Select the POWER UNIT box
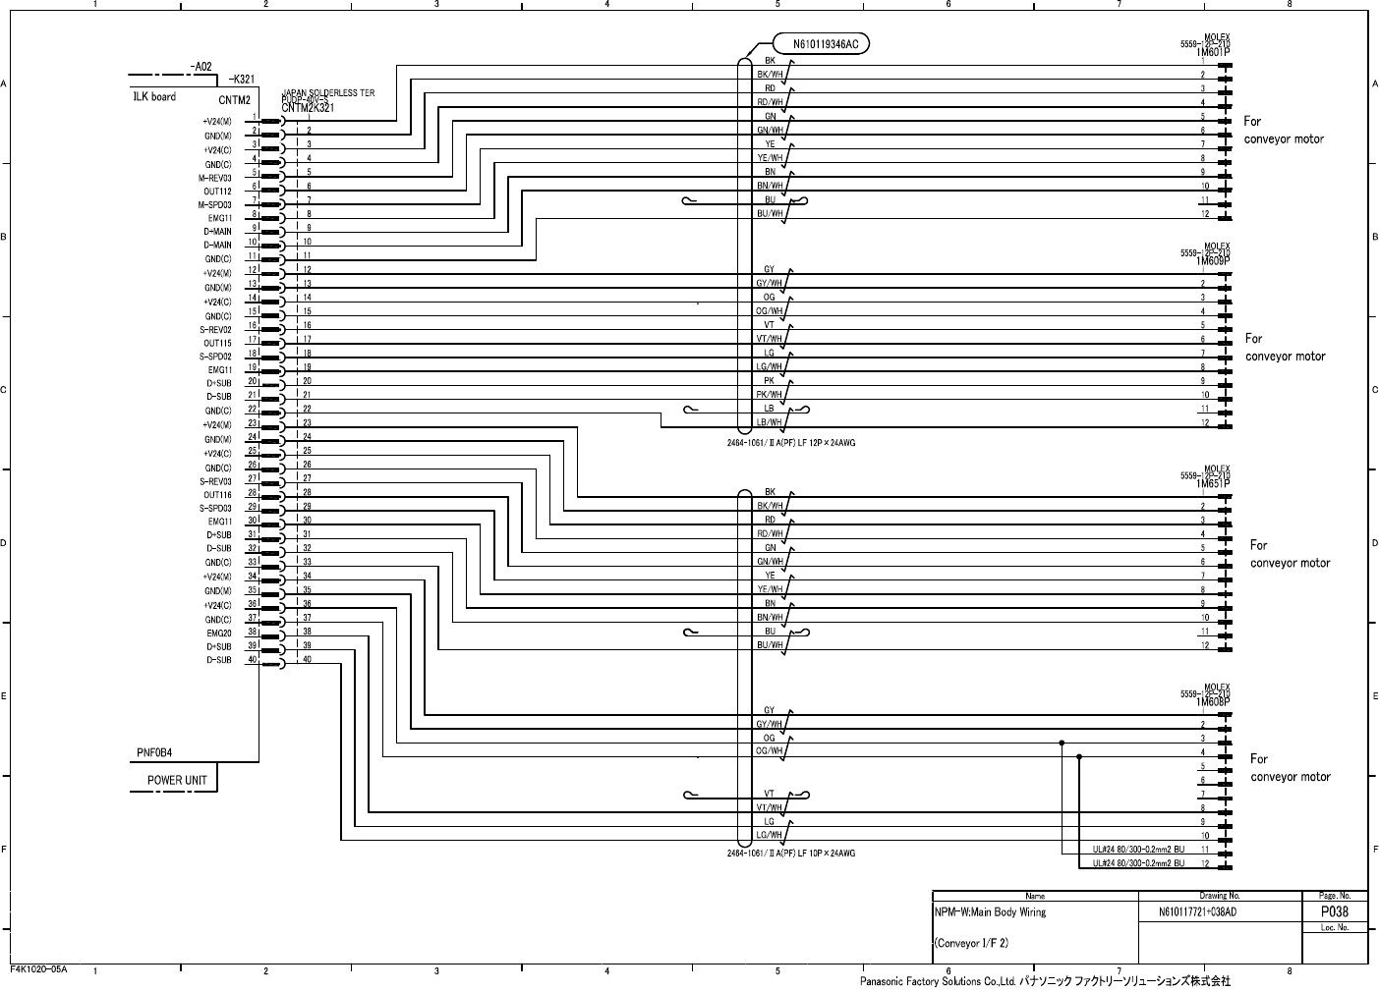click(177, 781)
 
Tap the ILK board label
click(154, 97)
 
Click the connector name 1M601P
click(1213, 51)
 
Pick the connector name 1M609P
click(1213, 261)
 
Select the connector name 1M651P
click(1213, 484)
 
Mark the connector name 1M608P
click(1213, 702)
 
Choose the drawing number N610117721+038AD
click(1197, 912)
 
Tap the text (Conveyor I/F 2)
click(971, 944)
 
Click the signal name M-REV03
click(215, 179)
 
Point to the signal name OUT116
click(217, 495)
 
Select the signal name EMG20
click(218, 634)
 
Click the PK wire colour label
click(770, 380)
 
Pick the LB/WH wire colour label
click(770, 422)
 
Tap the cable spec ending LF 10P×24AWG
click(791, 854)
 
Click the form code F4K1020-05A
click(38, 968)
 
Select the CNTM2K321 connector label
click(307, 107)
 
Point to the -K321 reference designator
click(242, 79)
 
